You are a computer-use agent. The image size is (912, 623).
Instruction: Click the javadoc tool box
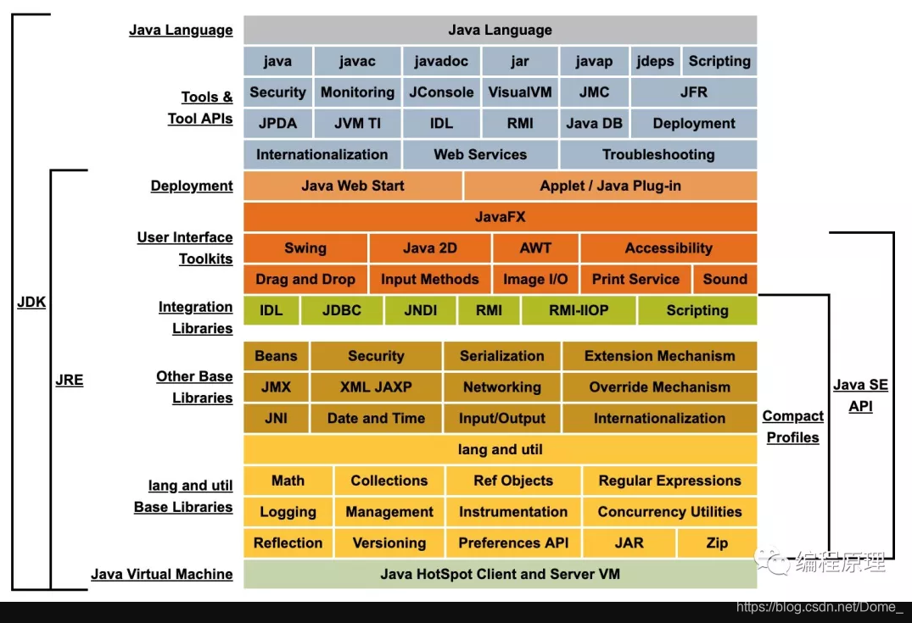(x=441, y=61)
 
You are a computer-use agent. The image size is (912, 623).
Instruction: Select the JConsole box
(x=441, y=92)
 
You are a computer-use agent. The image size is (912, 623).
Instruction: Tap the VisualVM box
(x=520, y=92)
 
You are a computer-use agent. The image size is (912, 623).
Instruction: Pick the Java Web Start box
(x=353, y=186)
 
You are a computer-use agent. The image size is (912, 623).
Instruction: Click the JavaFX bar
(x=500, y=217)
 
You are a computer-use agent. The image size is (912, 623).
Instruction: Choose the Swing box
(x=305, y=248)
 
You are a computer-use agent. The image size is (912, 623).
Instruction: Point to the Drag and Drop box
(x=305, y=279)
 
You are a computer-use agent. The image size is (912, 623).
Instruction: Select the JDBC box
(x=342, y=310)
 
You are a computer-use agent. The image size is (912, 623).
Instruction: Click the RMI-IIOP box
(x=579, y=310)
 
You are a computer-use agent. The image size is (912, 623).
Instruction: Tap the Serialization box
(x=502, y=356)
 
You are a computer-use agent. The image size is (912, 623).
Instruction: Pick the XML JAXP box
(x=376, y=387)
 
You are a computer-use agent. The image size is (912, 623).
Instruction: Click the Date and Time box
(x=376, y=418)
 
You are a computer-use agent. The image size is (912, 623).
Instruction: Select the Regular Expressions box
(x=669, y=481)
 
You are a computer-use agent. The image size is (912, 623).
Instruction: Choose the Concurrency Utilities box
(x=669, y=512)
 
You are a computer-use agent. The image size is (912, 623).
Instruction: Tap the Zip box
(x=717, y=543)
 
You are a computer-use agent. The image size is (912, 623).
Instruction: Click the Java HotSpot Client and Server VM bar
(x=500, y=574)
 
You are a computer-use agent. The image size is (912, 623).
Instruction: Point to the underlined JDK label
(x=31, y=303)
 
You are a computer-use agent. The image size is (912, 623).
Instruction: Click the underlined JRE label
(x=70, y=380)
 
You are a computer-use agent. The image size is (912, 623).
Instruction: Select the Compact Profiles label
(x=793, y=426)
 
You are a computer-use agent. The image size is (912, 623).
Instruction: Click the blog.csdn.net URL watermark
(x=820, y=607)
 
